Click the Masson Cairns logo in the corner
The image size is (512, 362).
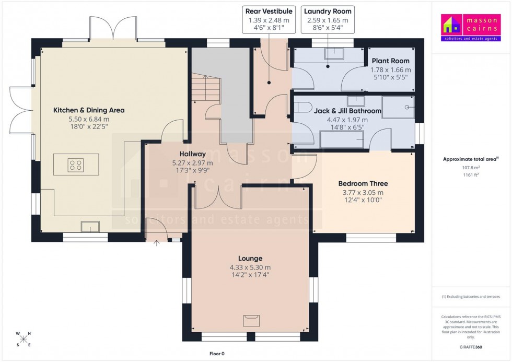coord(470,28)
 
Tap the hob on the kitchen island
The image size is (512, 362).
coord(75,166)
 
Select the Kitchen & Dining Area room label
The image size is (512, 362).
coord(89,110)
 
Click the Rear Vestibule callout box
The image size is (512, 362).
coord(269,19)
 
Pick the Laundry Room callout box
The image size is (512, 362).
coord(327,19)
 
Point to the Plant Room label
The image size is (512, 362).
coord(390,61)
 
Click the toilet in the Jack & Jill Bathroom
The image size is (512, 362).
coord(300,108)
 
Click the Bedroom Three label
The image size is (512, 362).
coord(363,183)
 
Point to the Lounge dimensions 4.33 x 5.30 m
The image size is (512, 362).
coord(250,267)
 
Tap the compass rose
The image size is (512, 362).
coord(24,339)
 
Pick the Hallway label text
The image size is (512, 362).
coord(192,154)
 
